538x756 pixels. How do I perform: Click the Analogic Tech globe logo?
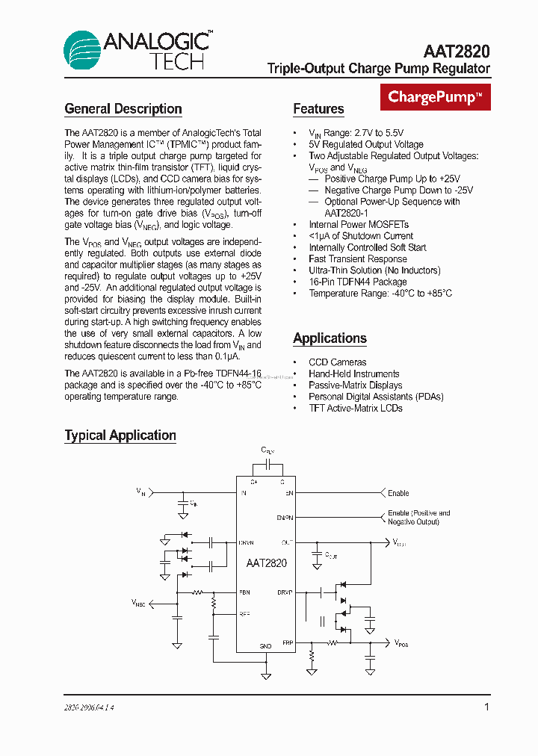point(81,50)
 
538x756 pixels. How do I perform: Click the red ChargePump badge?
point(436,96)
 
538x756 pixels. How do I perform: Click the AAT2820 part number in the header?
point(457,51)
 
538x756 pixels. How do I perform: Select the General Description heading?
point(123,109)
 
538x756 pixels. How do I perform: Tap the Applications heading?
point(330,338)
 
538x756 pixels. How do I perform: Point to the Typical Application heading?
point(120,436)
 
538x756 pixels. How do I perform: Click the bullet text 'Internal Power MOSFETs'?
point(359,224)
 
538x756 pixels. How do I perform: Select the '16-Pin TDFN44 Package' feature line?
point(357,282)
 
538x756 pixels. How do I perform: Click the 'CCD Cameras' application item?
point(338,362)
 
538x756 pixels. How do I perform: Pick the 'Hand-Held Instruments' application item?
point(354,374)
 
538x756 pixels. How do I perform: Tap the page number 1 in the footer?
point(486,707)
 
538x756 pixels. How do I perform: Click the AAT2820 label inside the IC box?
point(266,564)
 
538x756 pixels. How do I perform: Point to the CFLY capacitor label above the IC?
point(267,450)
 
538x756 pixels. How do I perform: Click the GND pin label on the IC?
point(265,645)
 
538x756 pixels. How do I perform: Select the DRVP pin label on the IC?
point(285,592)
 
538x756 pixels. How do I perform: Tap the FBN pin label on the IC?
point(244,592)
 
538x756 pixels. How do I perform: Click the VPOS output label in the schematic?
point(401,642)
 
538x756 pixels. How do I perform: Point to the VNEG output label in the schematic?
point(139,602)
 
